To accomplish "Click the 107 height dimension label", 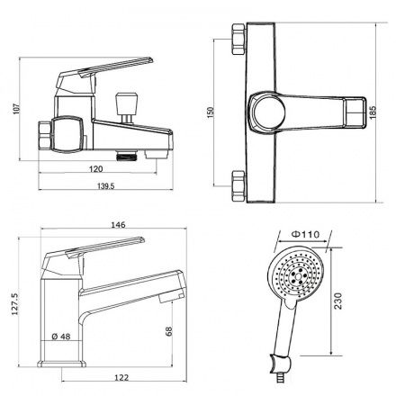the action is pyautogui.click(x=16, y=109).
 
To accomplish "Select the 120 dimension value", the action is pyautogui.click(x=96, y=169).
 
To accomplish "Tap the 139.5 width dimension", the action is pyautogui.click(x=106, y=186).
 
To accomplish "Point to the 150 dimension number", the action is pyautogui.click(x=211, y=112).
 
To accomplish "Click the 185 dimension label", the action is pyautogui.click(x=373, y=112).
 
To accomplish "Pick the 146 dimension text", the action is pyautogui.click(x=118, y=224).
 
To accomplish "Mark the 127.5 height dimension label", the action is pyautogui.click(x=15, y=304).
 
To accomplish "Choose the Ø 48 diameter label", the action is pyautogui.click(x=61, y=337).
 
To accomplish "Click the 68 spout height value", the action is pyautogui.click(x=169, y=331).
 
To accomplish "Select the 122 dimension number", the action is pyautogui.click(x=121, y=377).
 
